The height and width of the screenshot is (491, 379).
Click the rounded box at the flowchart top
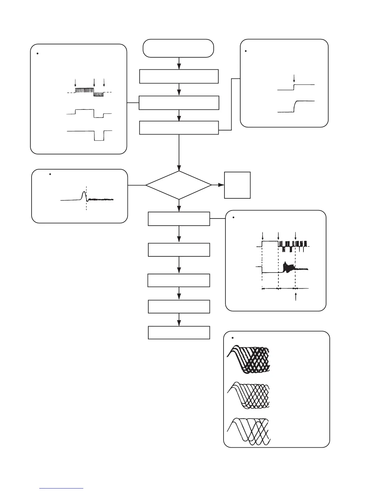click(178, 48)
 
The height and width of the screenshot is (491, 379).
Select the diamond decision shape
click(179, 185)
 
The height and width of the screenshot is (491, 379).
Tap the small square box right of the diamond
click(237, 185)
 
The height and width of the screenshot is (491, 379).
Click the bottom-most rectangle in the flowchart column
click(179, 332)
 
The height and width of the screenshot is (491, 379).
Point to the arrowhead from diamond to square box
click(221, 185)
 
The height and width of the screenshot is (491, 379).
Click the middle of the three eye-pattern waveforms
click(248, 396)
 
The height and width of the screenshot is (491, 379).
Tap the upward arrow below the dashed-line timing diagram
click(297, 296)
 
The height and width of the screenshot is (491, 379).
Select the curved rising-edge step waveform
click(296, 106)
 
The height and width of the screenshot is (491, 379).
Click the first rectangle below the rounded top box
click(179, 77)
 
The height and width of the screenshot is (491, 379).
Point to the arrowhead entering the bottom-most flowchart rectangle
click(179, 323)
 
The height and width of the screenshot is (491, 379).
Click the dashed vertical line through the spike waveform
click(86, 205)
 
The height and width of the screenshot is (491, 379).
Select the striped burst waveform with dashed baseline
click(90, 92)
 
